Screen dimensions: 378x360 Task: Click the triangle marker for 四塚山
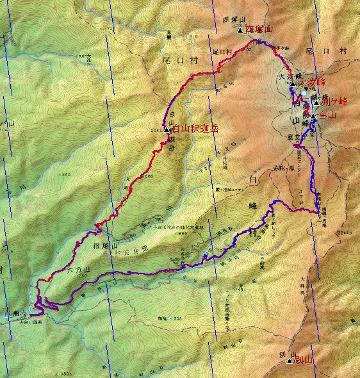240,30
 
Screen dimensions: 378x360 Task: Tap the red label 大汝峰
313,83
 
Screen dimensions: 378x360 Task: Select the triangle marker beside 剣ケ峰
316,102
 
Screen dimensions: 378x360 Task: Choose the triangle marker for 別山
290,361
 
